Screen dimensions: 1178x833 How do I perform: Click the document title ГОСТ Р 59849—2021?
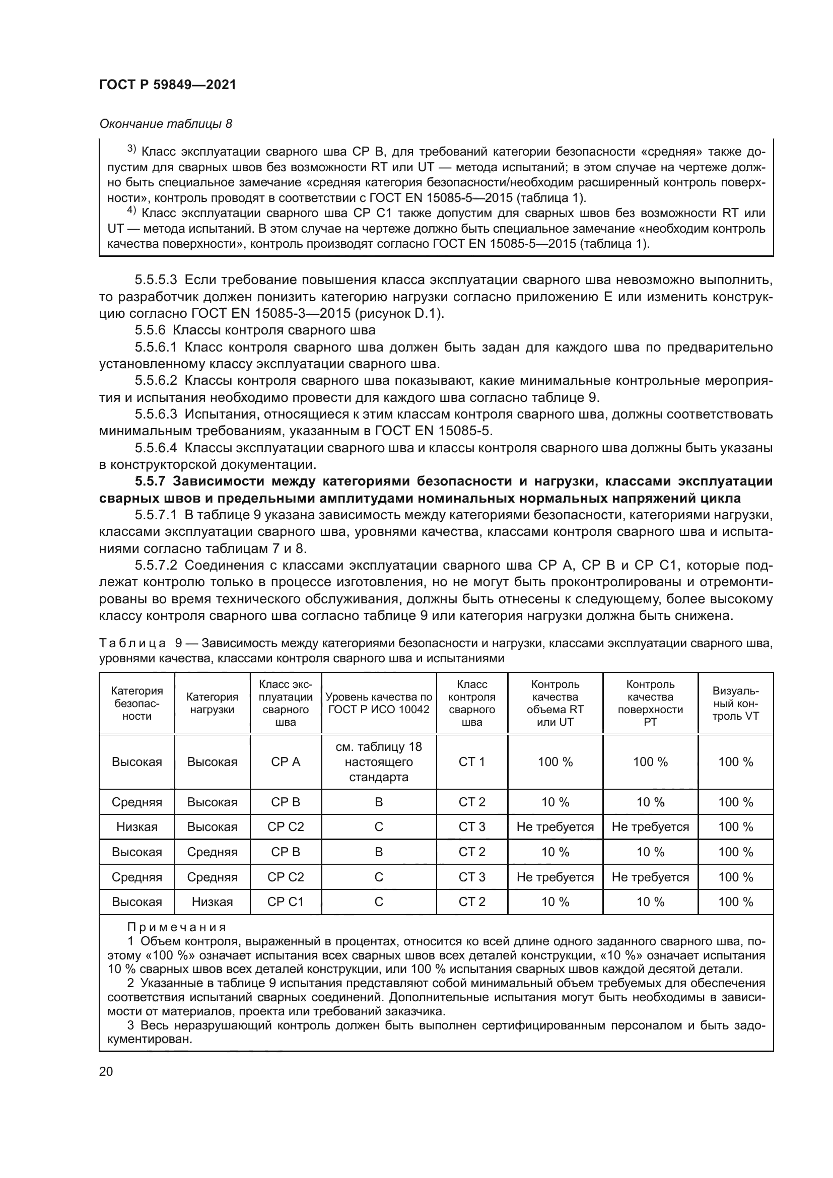(168, 85)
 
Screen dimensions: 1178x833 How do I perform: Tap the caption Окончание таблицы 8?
(165, 124)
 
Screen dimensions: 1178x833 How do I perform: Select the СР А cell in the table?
(285, 762)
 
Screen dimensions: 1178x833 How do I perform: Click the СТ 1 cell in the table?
(471, 762)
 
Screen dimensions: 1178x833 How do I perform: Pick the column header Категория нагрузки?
(212, 703)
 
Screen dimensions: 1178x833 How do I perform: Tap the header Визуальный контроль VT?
(735, 703)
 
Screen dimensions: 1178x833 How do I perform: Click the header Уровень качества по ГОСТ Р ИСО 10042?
(379, 703)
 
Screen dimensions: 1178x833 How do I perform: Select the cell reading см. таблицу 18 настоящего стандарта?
(379, 762)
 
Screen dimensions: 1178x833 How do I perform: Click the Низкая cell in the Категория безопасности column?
(137, 827)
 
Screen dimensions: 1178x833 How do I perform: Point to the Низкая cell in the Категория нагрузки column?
(212, 902)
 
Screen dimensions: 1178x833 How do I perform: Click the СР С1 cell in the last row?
(285, 902)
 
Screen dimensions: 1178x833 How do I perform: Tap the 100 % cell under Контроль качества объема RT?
(555, 762)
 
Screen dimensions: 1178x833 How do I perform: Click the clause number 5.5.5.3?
(156, 280)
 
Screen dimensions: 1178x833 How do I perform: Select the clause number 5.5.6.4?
(156, 448)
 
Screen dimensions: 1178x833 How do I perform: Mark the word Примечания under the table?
(176, 927)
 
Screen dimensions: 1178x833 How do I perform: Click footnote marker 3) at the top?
(131, 150)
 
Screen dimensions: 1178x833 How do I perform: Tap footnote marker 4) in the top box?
(131, 211)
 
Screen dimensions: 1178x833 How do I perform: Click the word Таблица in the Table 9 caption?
(132, 643)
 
